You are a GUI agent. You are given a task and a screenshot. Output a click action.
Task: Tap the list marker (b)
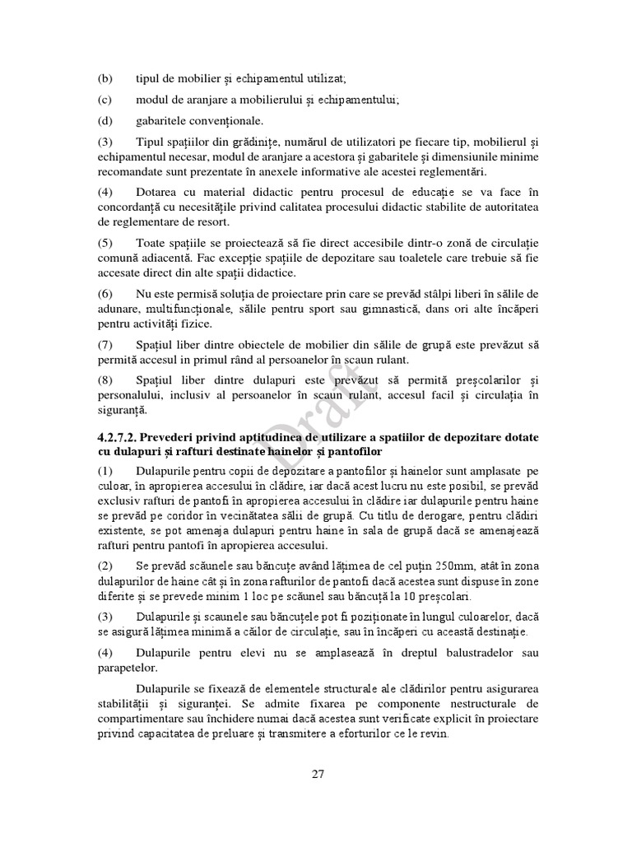(105, 79)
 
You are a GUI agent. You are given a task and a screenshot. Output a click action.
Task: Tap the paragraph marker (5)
(105, 244)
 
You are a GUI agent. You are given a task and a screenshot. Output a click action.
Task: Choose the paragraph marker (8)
(105, 380)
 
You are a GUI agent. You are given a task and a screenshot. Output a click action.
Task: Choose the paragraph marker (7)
(105, 344)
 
